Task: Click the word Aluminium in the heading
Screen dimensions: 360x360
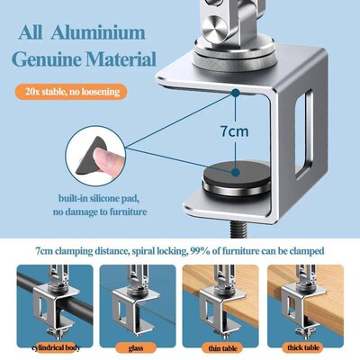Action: tap(98, 33)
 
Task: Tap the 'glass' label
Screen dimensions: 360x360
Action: tap(136, 347)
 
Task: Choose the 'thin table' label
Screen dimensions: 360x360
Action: tap(223, 347)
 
